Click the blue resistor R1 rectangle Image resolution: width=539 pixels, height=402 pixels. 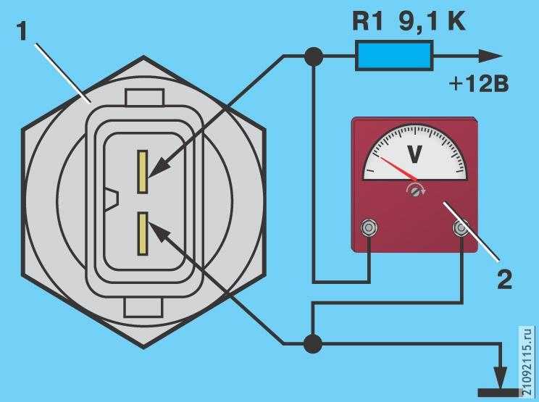[x=394, y=56]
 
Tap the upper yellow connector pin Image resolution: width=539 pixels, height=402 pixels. [x=142, y=172]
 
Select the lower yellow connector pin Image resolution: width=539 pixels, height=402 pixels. [x=143, y=234]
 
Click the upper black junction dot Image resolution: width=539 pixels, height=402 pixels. [x=314, y=56]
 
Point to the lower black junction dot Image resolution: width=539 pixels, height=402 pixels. [x=313, y=343]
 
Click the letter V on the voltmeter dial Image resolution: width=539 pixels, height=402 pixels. [x=414, y=154]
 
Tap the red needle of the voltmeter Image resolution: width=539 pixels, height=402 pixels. [x=398, y=168]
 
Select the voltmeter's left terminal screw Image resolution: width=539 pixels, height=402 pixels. [x=369, y=227]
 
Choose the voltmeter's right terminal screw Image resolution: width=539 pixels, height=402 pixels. [x=461, y=227]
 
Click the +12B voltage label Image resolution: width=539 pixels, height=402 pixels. [x=479, y=84]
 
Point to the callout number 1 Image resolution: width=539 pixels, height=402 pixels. [x=22, y=33]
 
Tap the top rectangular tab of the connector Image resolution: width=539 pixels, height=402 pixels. [x=144, y=97]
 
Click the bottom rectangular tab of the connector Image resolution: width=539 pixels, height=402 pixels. [x=143, y=308]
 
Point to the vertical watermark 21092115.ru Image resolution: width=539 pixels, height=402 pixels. [x=527, y=361]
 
